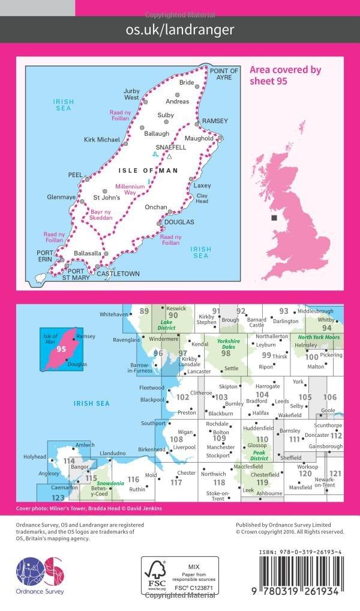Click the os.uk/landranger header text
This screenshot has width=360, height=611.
tap(180, 29)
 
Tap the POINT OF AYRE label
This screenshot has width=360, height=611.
tap(224, 74)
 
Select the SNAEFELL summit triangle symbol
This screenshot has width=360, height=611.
tap(169, 157)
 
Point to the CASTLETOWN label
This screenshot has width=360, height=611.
tap(118, 274)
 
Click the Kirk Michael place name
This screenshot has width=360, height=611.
tap(102, 140)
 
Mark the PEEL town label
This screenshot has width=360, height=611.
tap(76, 175)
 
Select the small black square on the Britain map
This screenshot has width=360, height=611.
tap(274, 217)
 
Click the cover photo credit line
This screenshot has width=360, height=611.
tap(89, 508)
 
